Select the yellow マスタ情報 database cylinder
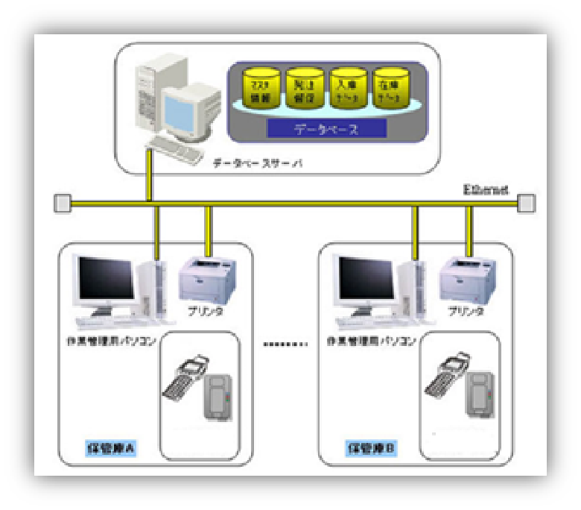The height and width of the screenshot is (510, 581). [262, 88]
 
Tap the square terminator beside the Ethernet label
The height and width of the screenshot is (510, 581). [527, 202]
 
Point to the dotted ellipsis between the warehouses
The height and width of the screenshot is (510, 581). [285, 344]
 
